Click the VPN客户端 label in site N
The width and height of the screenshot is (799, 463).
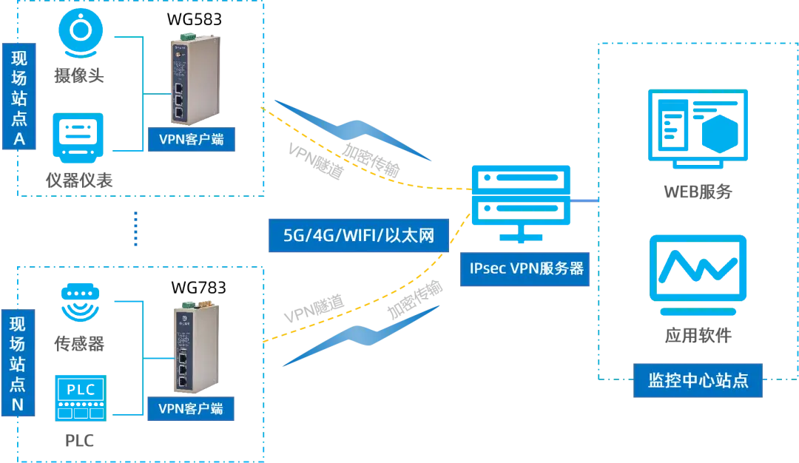[x=192, y=408]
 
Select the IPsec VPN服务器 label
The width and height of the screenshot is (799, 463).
[x=526, y=268]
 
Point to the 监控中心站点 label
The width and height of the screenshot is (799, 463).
[x=698, y=381]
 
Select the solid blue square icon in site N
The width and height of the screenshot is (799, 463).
[x=80, y=398]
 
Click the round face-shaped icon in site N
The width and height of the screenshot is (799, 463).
[x=80, y=301]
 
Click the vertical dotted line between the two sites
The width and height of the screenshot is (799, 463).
[x=135, y=227]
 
